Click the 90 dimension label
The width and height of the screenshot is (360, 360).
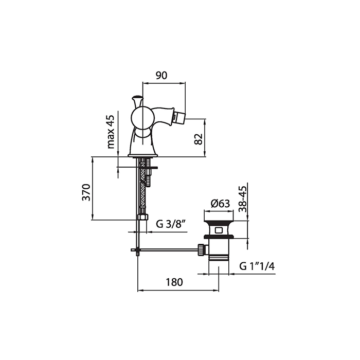pos(161,76)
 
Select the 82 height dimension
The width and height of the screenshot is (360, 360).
pos(199,139)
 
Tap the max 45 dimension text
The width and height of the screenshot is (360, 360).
pos(111,132)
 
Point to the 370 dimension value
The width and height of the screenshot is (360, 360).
pos(86,192)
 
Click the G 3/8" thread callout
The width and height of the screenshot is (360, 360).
pos(171,224)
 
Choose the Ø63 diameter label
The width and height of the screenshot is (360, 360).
pos(220,204)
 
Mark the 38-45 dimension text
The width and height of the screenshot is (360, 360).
pos(242,199)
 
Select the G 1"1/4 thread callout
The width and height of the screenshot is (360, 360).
pos(257,266)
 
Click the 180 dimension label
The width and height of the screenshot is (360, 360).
pos(174,282)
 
